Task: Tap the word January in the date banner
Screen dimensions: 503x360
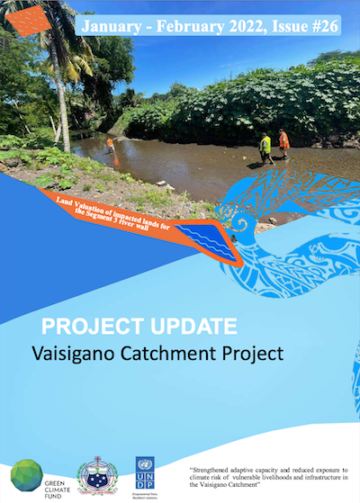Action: point(115,26)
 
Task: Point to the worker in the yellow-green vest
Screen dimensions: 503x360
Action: point(265,147)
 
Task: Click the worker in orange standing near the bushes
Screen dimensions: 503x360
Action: point(284,141)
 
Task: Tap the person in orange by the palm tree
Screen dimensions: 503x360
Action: point(110,143)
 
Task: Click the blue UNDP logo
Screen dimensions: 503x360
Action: point(144,471)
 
